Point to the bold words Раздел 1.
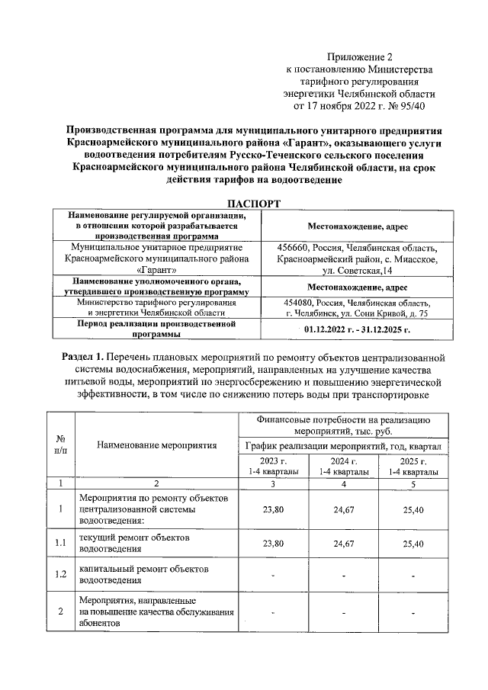(85, 358)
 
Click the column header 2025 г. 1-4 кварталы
(413, 467)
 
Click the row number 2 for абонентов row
(60, 611)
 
